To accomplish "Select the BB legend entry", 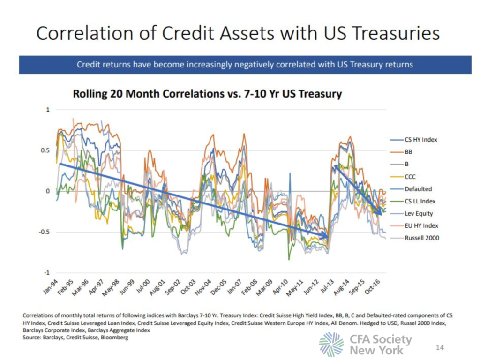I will click(x=408, y=152).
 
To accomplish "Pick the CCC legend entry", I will click(x=410, y=177).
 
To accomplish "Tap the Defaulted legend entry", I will click(x=418, y=189).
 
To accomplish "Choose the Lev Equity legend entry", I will click(x=419, y=213).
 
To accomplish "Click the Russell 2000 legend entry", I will click(x=421, y=238).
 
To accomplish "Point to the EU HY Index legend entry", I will click(x=421, y=225).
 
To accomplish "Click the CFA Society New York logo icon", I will click(x=331, y=345).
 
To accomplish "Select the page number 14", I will click(x=439, y=347).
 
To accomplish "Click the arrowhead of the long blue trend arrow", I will click(x=325, y=236).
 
